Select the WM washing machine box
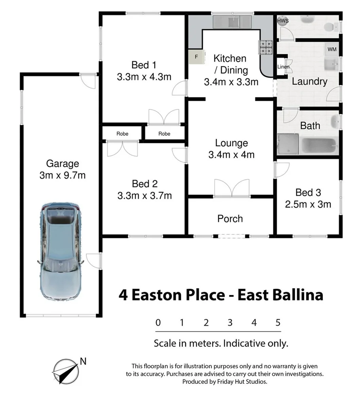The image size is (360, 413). click(x=332, y=49)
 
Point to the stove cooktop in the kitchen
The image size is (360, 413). click(x=266, y=48)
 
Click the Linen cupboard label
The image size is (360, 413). click(x=283, y=67)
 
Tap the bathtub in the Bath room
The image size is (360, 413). click(x=320, y=145)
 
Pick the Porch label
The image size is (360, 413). click(x=230, y=219)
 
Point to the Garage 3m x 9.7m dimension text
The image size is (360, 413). click(x=63, y=175)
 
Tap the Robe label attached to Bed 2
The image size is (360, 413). click(x=122, y=134)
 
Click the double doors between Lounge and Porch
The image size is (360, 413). click(x=232, y=189)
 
